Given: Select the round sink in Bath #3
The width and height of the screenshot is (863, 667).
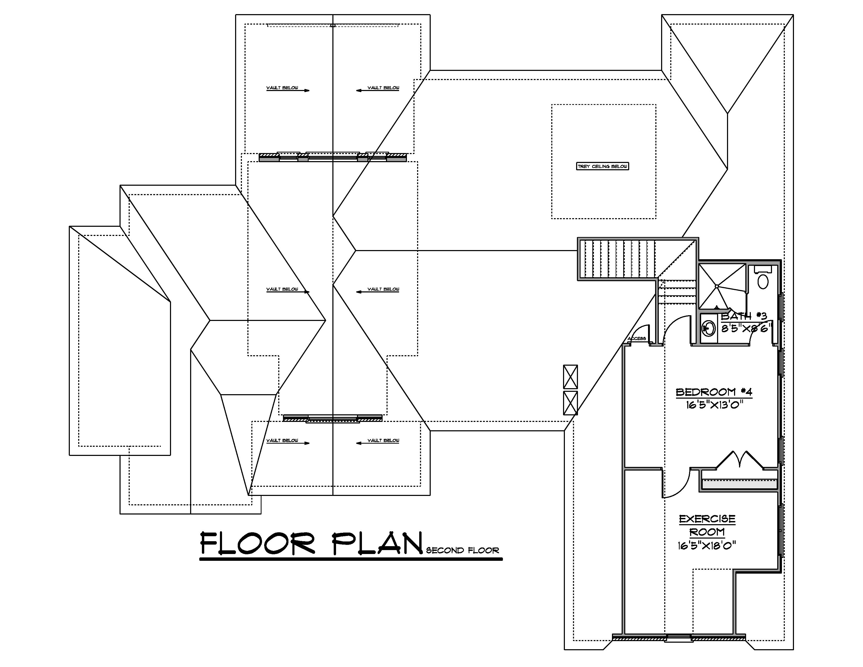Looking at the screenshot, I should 708,328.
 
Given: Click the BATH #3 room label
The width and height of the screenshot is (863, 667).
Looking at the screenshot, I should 744,316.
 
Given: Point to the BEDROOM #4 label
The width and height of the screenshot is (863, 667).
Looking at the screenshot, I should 714,392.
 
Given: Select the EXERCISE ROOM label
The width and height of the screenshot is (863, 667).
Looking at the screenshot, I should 707,525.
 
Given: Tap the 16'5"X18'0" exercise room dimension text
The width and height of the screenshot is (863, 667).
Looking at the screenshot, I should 707,546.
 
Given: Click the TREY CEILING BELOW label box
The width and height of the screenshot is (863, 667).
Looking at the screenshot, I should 602,166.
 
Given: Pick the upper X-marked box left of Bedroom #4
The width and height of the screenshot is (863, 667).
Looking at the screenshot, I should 570,377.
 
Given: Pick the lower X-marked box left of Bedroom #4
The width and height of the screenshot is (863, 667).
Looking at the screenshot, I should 570,403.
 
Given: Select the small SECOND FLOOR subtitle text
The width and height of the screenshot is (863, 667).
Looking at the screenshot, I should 462,550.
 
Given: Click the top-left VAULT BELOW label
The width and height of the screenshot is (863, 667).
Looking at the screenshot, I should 282,88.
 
